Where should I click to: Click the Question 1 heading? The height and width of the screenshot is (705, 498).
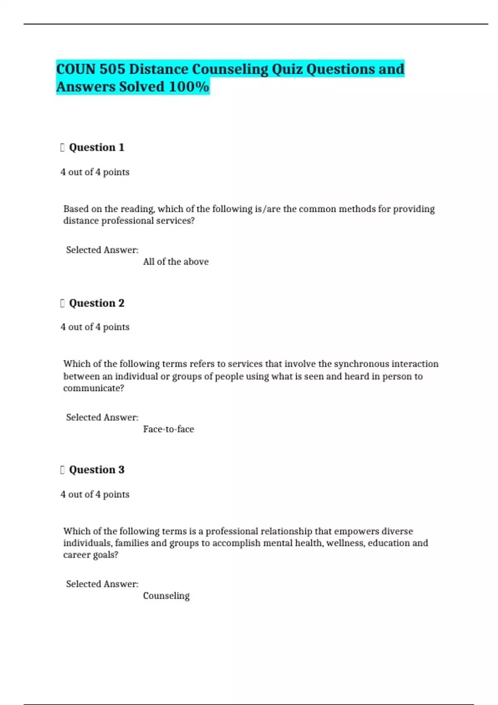(96, 148)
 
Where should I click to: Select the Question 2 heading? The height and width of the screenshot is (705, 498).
(96, 303)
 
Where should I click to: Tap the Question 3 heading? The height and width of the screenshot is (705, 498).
(96, 470)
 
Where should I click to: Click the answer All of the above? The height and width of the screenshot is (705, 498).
(176, 262)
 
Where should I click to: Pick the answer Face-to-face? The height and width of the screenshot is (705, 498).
(168, 429)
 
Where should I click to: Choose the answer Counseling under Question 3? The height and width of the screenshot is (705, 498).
(166, 596)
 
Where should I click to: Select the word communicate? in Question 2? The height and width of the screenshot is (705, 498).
(93, 388)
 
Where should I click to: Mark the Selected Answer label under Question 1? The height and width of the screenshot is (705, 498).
(102, 250)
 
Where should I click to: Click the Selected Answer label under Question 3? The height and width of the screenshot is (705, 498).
(102, 584)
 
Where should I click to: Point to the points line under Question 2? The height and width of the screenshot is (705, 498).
(95, 327)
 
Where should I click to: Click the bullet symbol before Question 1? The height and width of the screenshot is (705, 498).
(62, 148)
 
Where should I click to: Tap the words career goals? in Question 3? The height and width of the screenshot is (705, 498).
(90, 555)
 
